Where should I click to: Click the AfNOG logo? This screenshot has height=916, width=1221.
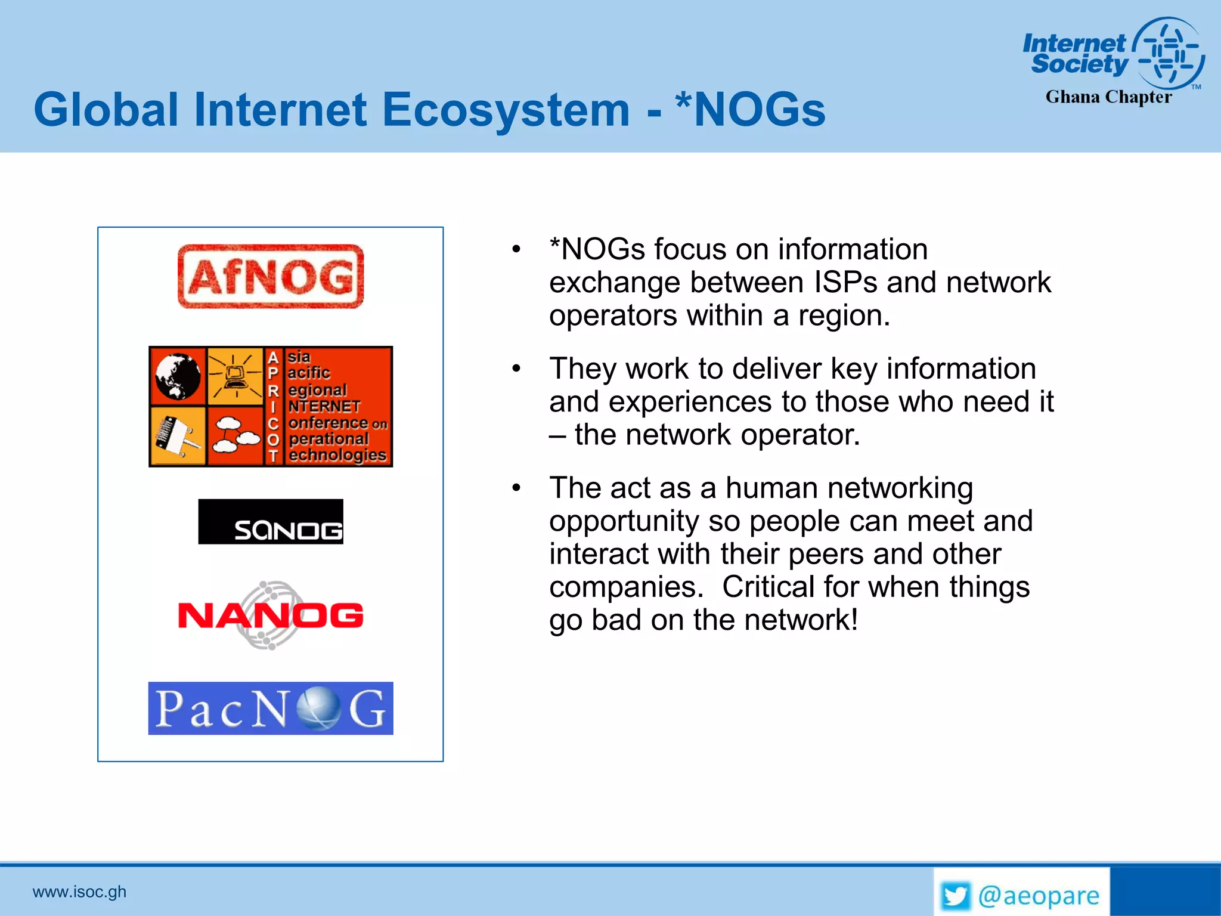pos(271,277)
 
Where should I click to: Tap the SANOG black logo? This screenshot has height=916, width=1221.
pos(271,522)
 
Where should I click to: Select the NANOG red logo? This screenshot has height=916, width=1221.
pos(271,615)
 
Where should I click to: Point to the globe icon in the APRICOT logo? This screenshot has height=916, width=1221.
pos(178,376)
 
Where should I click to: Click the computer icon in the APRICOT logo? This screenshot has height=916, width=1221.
pos(235,376)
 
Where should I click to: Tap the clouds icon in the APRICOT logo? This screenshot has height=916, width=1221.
pos(235,435)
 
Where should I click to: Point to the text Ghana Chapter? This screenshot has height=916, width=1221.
pos(1108,97)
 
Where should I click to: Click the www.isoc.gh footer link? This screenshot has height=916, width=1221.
pos(79,892)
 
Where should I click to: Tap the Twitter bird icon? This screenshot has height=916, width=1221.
pos(955,896)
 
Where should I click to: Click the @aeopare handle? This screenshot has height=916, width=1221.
pos(1039,896)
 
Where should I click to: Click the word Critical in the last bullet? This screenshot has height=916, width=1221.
pos(768,587)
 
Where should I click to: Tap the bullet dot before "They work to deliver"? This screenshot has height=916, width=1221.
pos(516,369)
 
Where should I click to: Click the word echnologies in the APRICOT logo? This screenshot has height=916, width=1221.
pos(337,455)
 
